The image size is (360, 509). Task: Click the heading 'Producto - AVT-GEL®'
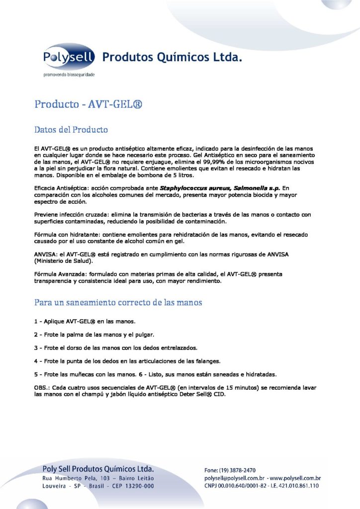pos(89,105)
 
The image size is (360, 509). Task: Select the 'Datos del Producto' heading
pos(71,130)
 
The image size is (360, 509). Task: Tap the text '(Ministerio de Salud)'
pos(64,260)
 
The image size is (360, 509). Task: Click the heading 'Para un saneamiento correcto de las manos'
pos(118,302)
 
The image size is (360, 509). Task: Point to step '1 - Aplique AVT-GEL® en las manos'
pos(82,321)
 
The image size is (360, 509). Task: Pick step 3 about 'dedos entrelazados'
pos(116,347)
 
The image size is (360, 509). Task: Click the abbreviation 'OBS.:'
pos(42,387)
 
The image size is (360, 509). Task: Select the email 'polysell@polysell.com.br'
pos(233,478)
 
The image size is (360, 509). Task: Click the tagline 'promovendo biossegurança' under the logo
pos(68,75)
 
